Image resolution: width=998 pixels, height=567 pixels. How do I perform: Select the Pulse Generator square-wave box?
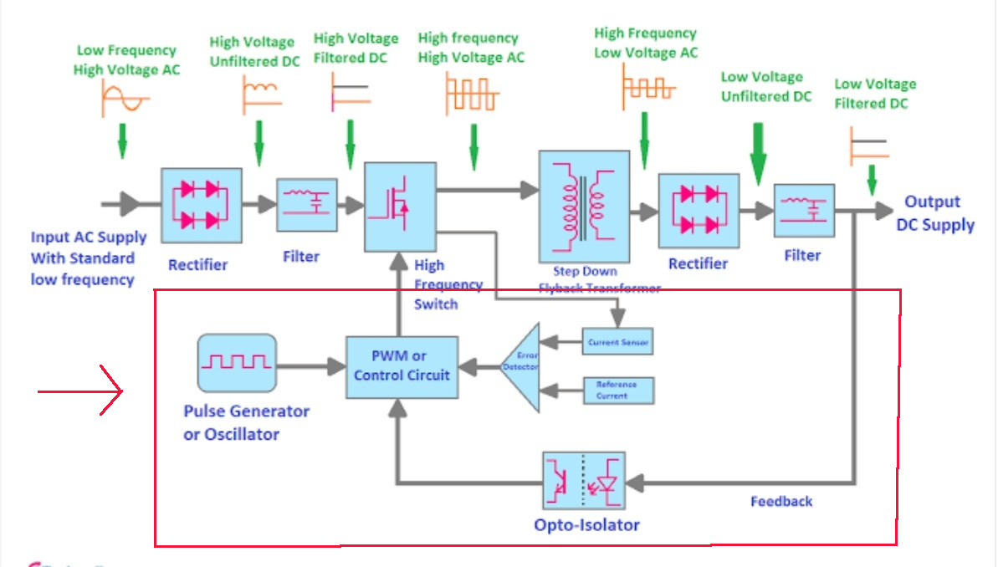237,363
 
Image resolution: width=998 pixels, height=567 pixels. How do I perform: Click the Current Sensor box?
617,342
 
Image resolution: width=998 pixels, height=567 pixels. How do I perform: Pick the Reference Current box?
618,391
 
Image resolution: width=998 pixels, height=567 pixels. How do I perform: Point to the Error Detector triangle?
520,365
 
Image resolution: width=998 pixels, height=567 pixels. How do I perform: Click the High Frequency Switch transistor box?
401,207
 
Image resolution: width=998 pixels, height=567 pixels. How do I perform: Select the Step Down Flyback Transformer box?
584,207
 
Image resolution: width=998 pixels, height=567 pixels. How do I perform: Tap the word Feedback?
781,501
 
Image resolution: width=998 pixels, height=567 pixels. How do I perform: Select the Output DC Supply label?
934,213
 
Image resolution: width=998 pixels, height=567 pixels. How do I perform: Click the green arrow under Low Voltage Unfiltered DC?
759,155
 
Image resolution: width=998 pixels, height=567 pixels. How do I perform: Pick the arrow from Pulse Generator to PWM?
311,365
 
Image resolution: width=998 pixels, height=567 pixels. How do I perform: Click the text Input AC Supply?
89,238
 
